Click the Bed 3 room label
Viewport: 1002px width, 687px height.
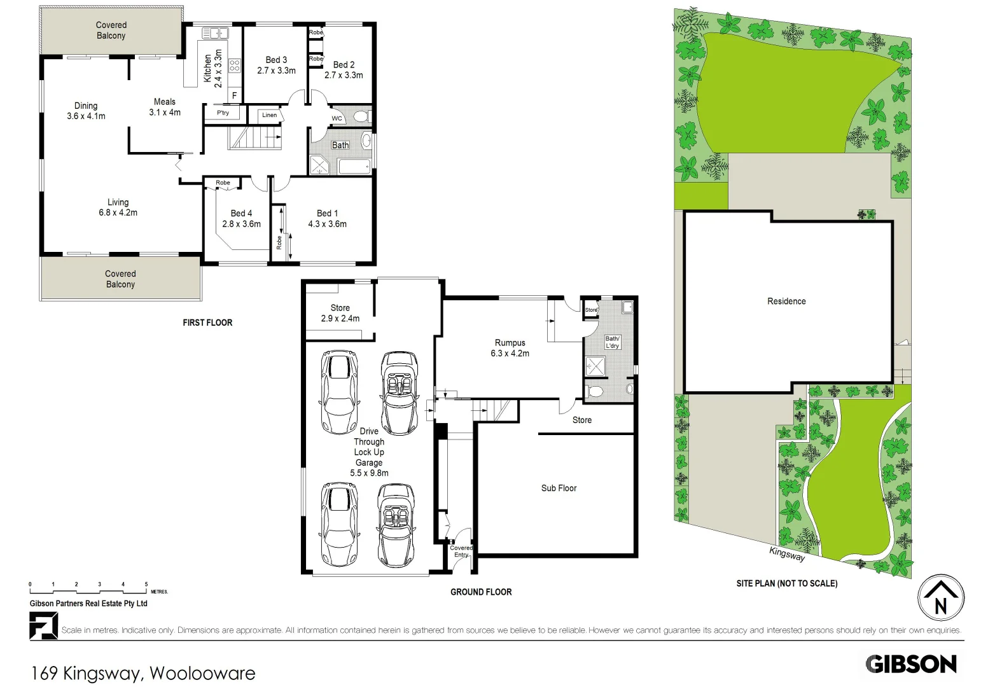[x=276, y=65]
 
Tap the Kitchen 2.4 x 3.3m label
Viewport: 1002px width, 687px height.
[x=212, y=68]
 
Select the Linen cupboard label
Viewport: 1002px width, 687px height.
[x=269, y=115]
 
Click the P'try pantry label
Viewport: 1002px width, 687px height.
[x=223, y=113]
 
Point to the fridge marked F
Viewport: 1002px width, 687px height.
[x=234, y=95]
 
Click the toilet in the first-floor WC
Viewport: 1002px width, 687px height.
[x=360, y=117]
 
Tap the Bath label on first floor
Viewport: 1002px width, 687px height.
[x=340, y=145]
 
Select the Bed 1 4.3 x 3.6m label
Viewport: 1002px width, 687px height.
[x=327, y=218]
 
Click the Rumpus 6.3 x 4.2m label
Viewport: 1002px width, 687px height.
[x=510, y=347]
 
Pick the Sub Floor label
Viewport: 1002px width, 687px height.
[x=559, y=488]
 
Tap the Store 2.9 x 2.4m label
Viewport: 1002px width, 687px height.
[x=340, y=313]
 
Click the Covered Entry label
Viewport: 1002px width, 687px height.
[x=461, y=551]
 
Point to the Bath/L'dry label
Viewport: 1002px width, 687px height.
[x=612, y=342]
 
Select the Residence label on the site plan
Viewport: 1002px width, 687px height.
[x=786, y=301]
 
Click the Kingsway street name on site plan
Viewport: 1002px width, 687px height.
[x=787, y=554]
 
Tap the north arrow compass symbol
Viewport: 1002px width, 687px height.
[x=940, y=599]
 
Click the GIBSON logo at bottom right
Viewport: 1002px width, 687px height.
[x=910, y=664]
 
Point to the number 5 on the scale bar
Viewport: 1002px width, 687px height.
[x=146, y=584]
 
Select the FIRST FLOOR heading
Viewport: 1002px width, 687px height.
[x=207, y=323]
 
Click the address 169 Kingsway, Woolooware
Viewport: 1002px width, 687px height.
[x=143, y=673]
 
